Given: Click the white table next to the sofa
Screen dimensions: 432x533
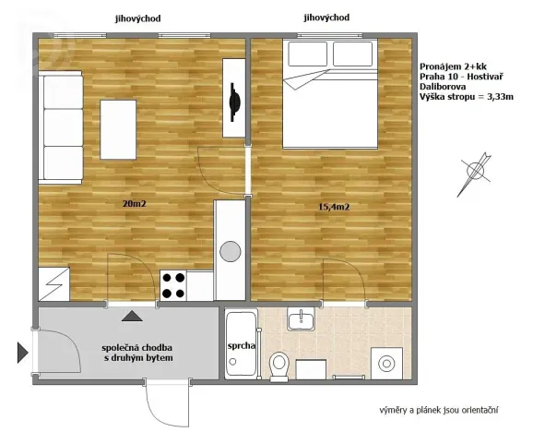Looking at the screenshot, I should tap(121, 130).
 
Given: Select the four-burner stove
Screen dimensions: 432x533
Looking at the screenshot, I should tap(174, 285).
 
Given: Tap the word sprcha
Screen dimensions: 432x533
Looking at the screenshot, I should tap(241, 346).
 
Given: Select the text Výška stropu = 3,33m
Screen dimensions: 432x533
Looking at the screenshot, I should tap(466, 97).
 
